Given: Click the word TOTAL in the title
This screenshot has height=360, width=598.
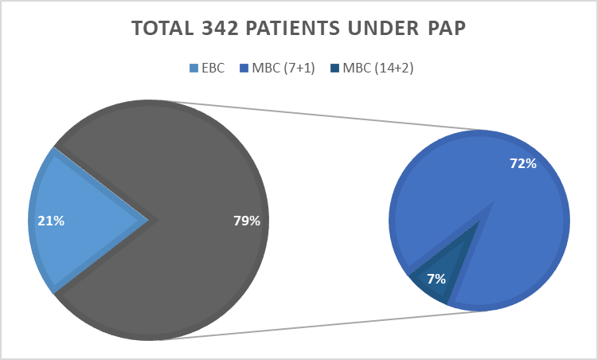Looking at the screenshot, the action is pyautogui.click(x=162, y=28).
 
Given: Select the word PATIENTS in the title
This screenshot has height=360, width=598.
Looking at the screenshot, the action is pyautogui.click(x=292, y=28).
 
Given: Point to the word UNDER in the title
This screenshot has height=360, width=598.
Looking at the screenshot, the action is pyautogui.click(x=383, y=28).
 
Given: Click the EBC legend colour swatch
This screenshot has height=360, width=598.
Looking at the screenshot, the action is pyautogui.click(x=194, y=68).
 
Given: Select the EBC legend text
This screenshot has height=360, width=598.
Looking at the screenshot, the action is pyautogui.click(x=213, y=68).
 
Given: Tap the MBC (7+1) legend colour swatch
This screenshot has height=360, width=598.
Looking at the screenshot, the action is pyautogui.click(x=244, y=68).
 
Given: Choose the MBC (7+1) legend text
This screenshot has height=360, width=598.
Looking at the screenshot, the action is pyautogui.click(x=283, y=68).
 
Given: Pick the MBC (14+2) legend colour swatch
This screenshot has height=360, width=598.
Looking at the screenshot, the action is pyautogui.click(x=335, y=68).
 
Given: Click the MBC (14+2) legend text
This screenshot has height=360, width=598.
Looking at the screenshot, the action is pyautogui.click(x=378, y=68).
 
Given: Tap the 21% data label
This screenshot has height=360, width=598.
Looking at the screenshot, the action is pyautogui.click(x=51, y=221).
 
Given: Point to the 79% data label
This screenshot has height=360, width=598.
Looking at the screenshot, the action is pyautogui.click(x=247, y=221).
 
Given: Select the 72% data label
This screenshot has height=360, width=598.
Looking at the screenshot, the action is pyautogui.click(x=523, y=163).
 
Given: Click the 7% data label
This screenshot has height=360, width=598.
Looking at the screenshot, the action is pyautogui.click(x=436, y=279).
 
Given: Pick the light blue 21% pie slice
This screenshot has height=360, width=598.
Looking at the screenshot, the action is pyautogui.click(x=76, y=221).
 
